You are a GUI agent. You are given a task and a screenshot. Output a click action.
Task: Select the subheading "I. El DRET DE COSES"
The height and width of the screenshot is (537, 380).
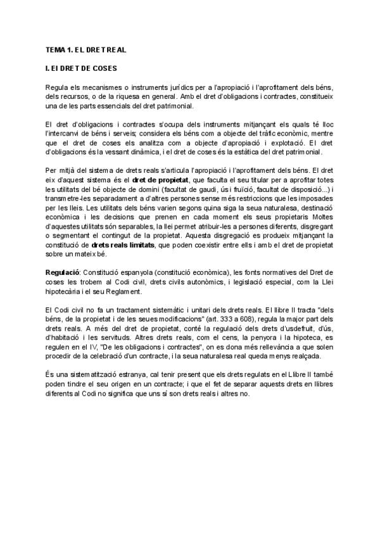click(82, 67)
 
